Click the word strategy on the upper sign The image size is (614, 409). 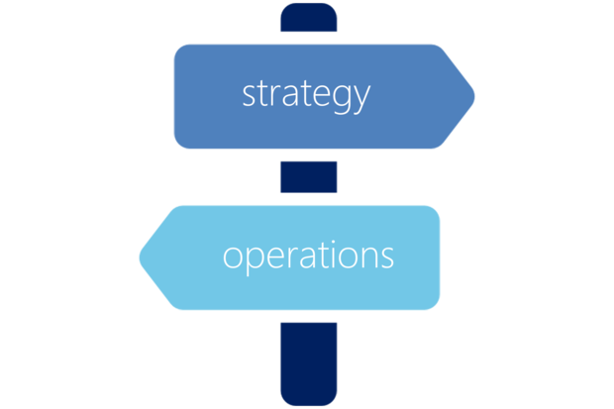(306, 96)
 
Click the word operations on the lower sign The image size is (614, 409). (308, 257)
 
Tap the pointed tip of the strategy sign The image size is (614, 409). (474, 96)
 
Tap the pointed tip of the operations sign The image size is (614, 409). (141, 257)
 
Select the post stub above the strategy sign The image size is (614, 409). (309, 17)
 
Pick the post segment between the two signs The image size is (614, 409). (309, 177)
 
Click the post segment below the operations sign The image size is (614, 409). (309, 364)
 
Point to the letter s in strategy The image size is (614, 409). (249, 96)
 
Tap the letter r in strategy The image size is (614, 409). (275, 96)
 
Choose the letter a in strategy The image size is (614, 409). (289, 96)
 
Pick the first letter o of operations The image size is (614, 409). (233, 257)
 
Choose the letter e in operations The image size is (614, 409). (275, 257)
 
